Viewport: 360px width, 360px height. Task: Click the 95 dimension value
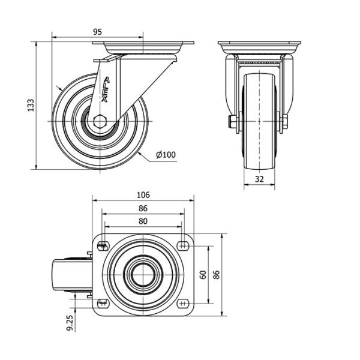click(98, 32)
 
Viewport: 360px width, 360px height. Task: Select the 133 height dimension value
click(31, 105)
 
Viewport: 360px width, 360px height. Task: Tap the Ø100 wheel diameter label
click(166, 155)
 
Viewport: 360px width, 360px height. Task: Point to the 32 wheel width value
click(259, 179)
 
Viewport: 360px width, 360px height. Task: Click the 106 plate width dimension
click(143, 195)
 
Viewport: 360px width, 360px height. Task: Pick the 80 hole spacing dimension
click(143, 221)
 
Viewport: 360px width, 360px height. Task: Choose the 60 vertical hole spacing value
click(203, 275)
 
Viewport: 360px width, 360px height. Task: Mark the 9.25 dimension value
click(70, 323)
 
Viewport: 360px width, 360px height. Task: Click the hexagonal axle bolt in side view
click(100, 121)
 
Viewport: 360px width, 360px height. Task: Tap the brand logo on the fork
click(106, 89)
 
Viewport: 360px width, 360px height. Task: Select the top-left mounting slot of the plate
click(103, 247)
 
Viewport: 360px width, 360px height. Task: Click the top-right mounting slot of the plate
click(183, 246)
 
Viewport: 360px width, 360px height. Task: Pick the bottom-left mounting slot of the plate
click(103, 303)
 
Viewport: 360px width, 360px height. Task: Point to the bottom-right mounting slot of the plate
click(183, 304)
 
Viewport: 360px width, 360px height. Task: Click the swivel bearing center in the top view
click(143, 275)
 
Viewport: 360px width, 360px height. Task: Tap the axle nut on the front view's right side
click(284, 121)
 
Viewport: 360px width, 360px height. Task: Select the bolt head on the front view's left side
click(232, 121)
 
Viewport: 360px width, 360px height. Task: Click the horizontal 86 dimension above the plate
click(143, 208)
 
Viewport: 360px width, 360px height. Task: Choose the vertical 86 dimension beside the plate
click(216, 275)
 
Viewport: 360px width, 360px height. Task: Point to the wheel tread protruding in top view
click(73, 275)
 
